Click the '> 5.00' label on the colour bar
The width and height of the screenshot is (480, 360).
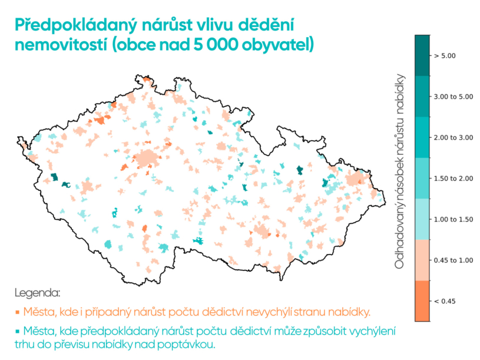click(445, 57)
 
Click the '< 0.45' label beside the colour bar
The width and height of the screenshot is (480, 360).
click(445, 301)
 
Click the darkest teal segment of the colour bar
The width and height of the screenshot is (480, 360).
click(422, 56)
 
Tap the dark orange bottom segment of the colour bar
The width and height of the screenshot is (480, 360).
click(422, 301)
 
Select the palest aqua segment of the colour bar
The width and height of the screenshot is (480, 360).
click(422, 219)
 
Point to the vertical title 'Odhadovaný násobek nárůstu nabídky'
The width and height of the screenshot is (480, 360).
click(400, 171)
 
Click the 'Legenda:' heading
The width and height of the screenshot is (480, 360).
click(37, 293)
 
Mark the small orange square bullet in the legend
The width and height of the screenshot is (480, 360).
click(18, 312)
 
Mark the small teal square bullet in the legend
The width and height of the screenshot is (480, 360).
click(18, 332)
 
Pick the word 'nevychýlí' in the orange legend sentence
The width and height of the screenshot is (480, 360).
click(282, 311)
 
